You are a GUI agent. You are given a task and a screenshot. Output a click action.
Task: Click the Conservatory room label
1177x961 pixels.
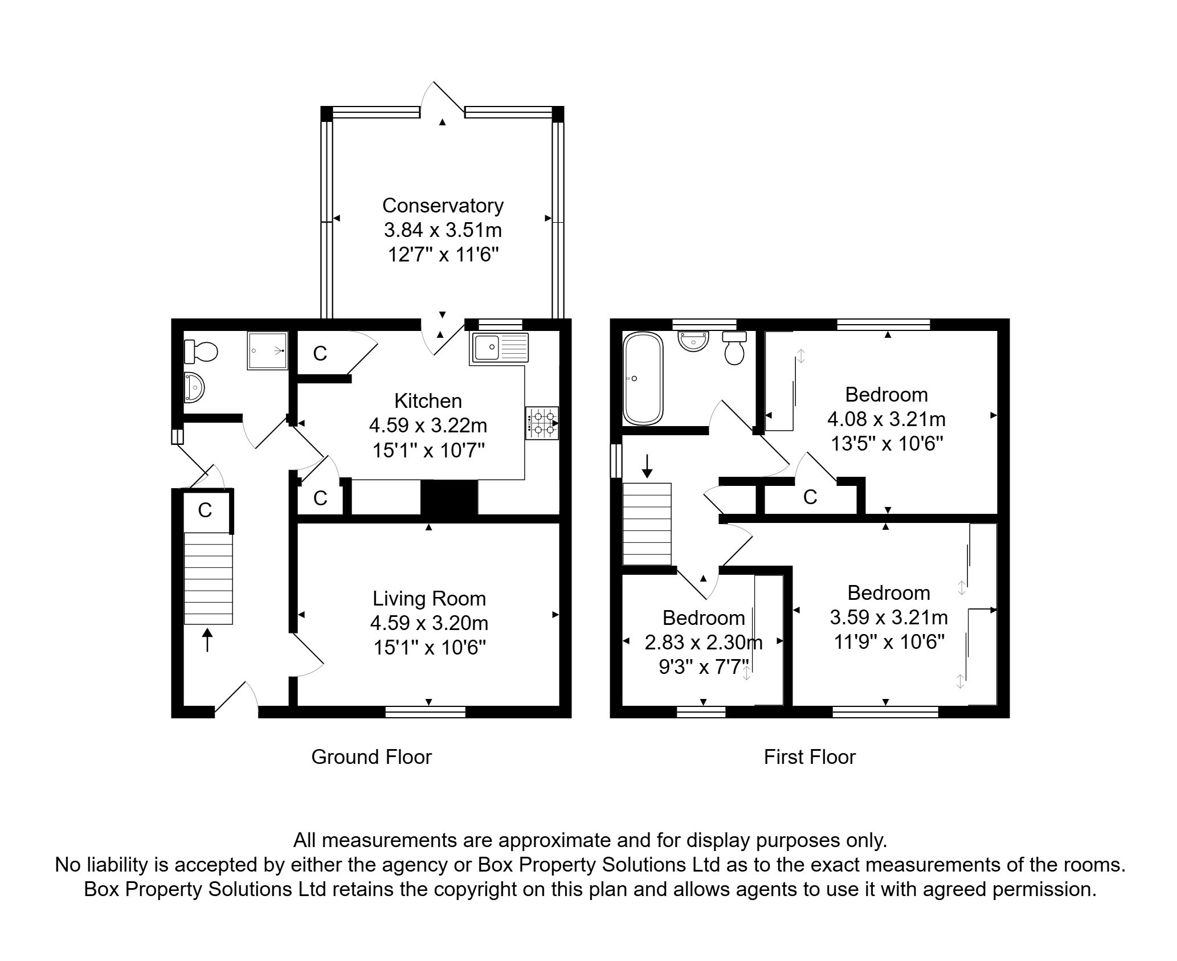point(443,205)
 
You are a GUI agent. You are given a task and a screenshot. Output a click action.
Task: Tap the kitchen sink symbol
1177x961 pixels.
point(500,347)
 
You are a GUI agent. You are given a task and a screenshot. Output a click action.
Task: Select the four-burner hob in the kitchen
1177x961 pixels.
point(542,423)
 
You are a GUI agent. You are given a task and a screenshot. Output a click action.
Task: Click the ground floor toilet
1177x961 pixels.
point(201,351)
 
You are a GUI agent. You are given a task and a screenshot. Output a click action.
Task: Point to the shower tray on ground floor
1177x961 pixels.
point(267,351)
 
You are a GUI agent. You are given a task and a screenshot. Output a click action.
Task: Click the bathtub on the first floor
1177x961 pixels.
point(643,379)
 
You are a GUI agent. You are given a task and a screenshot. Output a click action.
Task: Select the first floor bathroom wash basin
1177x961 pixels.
point(693,342)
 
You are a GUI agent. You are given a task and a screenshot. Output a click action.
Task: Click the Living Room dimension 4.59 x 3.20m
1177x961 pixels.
point(429,623)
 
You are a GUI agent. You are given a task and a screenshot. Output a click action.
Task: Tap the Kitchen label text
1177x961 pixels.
point(428,401)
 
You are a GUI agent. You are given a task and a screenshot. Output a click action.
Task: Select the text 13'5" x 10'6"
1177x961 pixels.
point(886,443)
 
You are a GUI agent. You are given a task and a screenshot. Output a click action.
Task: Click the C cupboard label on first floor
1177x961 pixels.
point(810,497)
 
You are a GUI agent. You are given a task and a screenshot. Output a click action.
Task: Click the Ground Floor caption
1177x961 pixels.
point(371,757)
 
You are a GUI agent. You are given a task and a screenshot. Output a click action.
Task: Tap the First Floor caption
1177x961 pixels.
point(809,757)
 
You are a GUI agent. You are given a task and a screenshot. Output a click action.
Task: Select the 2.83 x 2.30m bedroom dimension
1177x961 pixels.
point(703,643)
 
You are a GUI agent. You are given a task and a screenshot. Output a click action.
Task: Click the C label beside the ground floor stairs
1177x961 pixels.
point(205,510)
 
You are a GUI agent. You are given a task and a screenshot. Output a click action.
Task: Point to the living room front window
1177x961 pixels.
point(425,711)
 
